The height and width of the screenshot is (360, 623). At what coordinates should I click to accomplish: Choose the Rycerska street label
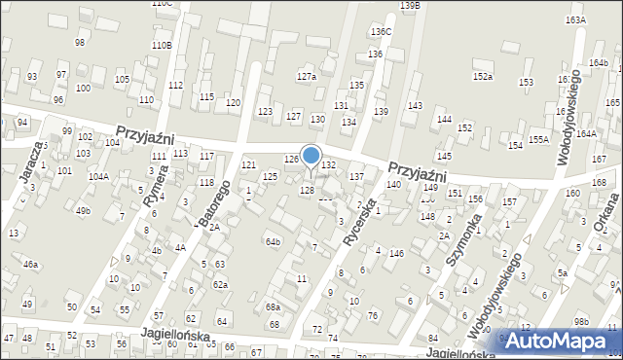tap(360, 220)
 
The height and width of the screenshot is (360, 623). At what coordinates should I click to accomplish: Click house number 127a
tap(307, 76)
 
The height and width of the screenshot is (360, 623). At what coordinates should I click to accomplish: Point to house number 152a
tap(483, 76)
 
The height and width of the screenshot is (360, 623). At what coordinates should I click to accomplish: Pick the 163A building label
tap(575, 19)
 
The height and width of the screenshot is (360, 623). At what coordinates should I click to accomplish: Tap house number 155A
tap(539, 139)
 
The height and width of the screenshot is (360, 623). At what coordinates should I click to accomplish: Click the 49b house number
tap(84, 210)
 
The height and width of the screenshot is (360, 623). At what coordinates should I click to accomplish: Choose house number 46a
tap(31, 265)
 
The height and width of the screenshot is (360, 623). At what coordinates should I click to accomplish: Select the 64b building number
tap(274, 241)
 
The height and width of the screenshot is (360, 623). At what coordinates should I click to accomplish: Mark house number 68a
tap(274, 306)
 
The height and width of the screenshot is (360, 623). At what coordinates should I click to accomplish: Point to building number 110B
tap(162, 46)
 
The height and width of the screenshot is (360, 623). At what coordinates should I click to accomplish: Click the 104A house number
tap(97, 176)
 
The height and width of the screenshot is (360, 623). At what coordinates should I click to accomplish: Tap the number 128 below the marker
tap(307, 190)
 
